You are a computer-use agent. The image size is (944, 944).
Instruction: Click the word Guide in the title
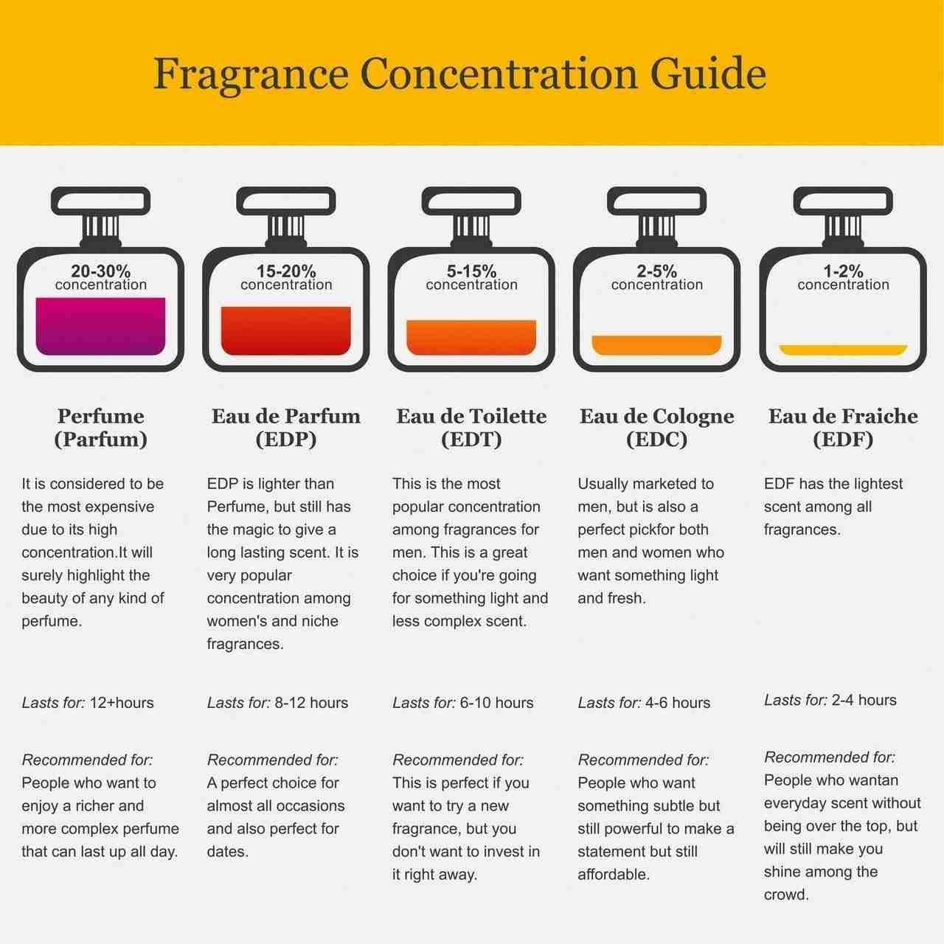(x=708, y=74)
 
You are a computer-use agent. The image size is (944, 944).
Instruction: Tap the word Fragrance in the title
(x=251, y=76)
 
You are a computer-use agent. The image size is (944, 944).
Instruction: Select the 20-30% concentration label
(x=101, y=277)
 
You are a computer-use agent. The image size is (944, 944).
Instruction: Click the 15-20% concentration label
(x=286, y=277)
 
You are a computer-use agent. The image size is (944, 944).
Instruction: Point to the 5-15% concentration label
(x=471, y=277)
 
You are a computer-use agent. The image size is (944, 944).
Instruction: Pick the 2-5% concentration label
(x=657, y=277)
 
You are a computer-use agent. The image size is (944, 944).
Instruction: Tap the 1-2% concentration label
(x=843, y=277)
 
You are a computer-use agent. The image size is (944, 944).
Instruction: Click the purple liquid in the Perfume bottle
(x=100, y=326)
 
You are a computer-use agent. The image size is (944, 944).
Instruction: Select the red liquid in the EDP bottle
(x=286, y=330)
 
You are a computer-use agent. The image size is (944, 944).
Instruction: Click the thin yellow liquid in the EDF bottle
(x=843, y=350)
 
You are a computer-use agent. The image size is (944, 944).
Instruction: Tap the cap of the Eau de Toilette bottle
(x=471, y=201)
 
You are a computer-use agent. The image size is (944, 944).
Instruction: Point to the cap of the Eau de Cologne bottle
(x=657, y=201)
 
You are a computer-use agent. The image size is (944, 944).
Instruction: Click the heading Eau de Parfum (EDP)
(x=286, y=428)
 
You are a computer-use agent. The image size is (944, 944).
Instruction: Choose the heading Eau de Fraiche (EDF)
(x=843, y=428)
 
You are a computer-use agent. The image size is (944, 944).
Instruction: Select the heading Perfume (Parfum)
(x=101, y=428)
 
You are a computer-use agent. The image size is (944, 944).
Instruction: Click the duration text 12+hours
(x=122, y=703)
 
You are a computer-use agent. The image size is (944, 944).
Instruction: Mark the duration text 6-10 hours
(x=497, y=703)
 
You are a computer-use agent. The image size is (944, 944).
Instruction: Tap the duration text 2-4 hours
(x=864, y=700)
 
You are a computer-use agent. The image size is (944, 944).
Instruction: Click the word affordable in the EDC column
(x=614, y=875)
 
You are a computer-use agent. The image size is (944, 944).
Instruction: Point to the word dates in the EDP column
(x=227, y=851)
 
